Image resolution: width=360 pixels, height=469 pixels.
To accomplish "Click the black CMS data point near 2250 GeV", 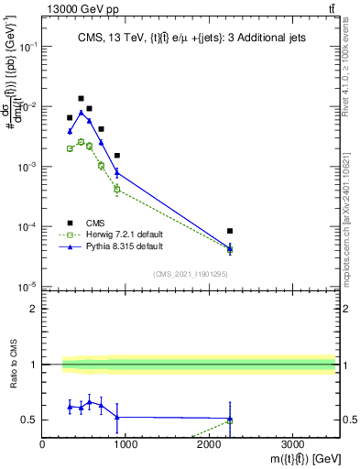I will tap(230, 231).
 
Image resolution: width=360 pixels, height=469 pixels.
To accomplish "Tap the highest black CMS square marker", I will tap(81, 98).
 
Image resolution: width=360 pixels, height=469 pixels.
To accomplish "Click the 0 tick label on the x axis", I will tap(43, 445).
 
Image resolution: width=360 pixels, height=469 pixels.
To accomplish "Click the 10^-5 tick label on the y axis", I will tap(26, 287).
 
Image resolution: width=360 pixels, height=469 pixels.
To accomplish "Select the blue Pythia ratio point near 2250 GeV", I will tap(230, 419).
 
